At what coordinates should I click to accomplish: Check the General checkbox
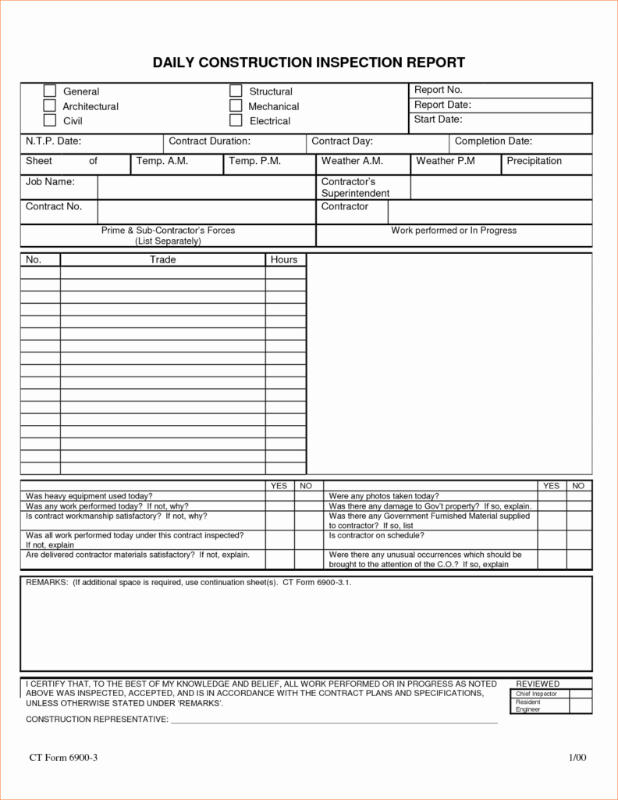49,91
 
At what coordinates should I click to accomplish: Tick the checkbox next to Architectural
49,105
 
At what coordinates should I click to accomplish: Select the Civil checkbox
49,120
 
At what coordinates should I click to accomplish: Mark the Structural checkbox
236,91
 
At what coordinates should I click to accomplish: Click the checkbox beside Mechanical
236,105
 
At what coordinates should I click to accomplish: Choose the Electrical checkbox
236,120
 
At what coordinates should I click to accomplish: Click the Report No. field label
438,91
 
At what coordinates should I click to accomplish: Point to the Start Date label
438,120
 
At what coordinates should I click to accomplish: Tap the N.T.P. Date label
53,141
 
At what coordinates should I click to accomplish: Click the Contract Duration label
209,141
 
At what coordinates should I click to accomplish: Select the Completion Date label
493,141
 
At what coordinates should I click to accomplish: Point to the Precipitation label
534,161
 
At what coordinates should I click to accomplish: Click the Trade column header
162,259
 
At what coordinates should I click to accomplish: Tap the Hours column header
284,259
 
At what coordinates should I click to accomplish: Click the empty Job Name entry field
206,187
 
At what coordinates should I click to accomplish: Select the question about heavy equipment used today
89,496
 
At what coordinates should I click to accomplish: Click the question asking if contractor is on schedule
376,536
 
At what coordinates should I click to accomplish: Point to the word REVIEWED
538,684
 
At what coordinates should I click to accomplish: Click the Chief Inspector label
536,694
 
